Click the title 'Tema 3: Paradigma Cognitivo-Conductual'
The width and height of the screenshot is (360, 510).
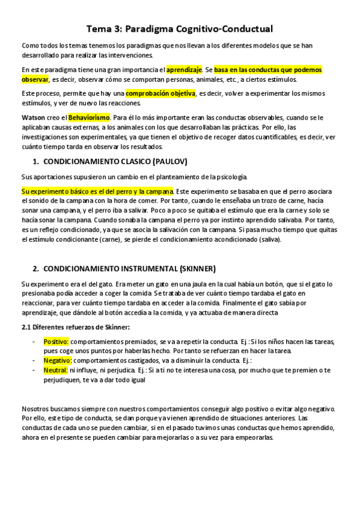180,28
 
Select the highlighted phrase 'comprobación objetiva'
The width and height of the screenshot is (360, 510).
160,94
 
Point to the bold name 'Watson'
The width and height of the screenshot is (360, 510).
33,116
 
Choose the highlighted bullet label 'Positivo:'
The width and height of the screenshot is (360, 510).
56,342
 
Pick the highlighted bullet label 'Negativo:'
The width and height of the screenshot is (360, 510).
58,360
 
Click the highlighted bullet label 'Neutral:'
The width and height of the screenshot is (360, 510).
55,370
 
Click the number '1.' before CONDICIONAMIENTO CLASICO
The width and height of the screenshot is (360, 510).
35,162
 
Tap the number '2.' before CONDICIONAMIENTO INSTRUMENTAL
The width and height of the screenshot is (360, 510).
35,268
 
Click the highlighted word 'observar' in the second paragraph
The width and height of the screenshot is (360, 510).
35,79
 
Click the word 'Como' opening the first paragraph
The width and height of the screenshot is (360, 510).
29,46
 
